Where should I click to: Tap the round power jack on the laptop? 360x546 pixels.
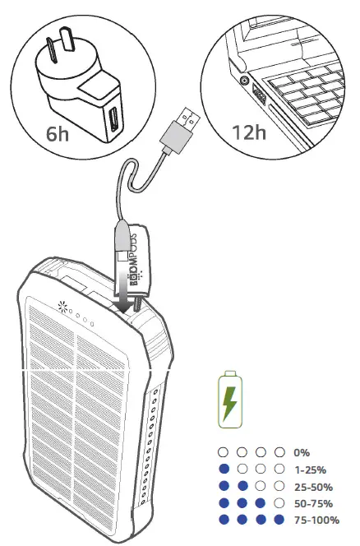click(244, 81)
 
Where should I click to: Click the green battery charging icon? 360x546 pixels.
click(231, 400)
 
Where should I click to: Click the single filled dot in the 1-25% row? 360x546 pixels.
click(221, 469)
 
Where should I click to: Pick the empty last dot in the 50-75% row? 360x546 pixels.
click(280, 502)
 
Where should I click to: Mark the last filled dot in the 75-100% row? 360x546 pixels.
click(280, 520)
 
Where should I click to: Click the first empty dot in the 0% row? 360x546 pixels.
click(221, 452)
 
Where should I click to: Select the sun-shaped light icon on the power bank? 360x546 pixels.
click(62, 308)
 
